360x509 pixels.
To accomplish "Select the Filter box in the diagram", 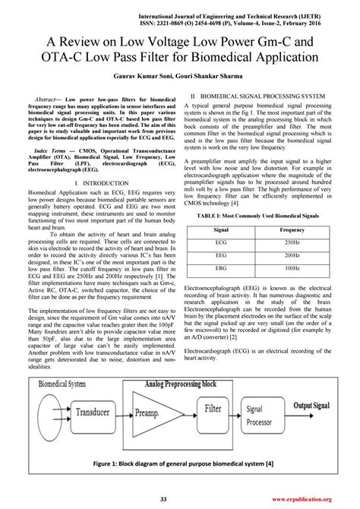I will click(x=213, y=409).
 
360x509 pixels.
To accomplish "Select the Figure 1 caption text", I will click(x=179, y=463).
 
